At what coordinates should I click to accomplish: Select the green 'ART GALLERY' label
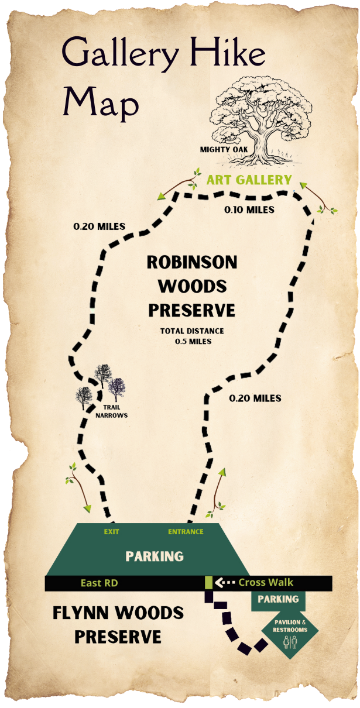click(249, 180)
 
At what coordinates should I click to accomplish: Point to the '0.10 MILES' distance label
click(250, 209)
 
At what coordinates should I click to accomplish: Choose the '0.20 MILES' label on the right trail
click(255, 398)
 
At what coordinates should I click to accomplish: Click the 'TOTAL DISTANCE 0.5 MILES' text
click(192, 336)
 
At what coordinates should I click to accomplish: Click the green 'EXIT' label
click(111, 532)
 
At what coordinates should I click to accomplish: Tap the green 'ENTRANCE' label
click(186, 532)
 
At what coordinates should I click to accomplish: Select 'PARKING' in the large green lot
click(155, 556)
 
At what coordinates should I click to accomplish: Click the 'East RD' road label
click(100, 583)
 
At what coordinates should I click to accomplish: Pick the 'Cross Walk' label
click(266, 582)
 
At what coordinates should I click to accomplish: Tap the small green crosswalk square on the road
click(208, 583)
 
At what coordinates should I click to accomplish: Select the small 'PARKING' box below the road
click(278, 599)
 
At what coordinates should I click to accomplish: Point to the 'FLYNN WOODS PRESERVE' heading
click(118, 624)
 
